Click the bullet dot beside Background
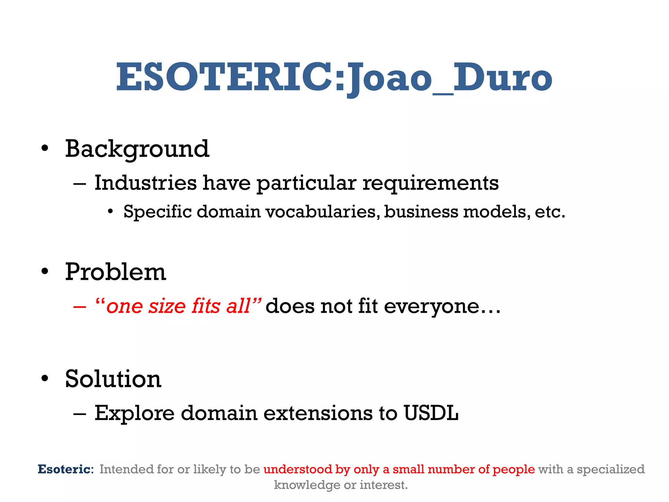click(45, 149)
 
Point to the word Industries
click(146, 183)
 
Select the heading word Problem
click(115, 272)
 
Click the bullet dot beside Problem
click(45, 272)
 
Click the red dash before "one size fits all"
click(80, 307)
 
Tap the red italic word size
click(167, 307)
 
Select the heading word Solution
click(113, 379)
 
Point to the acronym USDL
click(431, 413)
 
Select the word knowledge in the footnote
click(307, 485)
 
